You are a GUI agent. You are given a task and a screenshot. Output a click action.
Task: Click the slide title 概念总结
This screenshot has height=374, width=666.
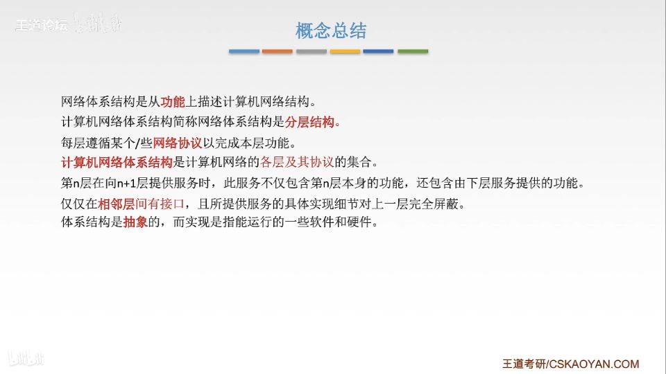331,30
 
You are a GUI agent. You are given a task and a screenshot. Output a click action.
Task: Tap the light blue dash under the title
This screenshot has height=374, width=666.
244,51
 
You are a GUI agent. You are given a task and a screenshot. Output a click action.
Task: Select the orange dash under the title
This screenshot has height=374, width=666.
277,51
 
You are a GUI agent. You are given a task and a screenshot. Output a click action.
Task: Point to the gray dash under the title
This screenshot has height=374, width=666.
311,51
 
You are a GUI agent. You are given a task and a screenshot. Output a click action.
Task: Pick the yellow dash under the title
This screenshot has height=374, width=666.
345,51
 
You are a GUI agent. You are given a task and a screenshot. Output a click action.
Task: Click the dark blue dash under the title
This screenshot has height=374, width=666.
379,51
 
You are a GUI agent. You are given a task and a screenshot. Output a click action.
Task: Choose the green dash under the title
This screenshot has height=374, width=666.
413,51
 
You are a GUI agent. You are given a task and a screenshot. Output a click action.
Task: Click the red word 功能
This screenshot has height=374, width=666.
173,102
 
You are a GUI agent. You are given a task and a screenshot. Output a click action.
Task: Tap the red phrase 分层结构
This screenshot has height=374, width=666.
309,122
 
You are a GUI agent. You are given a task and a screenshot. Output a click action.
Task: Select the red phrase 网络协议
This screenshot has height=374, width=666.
178,143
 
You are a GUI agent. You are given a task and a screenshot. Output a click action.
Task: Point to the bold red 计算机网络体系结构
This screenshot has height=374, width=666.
117,162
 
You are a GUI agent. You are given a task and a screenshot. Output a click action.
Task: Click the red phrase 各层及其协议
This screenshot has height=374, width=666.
297,162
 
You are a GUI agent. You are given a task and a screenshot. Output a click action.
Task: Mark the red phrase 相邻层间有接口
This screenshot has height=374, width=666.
142,204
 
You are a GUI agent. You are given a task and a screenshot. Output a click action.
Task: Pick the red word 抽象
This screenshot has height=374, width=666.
135,222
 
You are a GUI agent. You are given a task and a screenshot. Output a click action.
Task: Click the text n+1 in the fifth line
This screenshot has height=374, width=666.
126,184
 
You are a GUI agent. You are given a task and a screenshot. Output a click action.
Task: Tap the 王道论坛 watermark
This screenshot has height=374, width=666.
41,26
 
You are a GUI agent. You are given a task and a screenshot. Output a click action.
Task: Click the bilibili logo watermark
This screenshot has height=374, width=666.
26,359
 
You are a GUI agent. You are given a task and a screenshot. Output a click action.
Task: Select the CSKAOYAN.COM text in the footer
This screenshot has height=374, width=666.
594,364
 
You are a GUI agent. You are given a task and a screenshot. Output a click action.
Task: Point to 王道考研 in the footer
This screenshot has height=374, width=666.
524,364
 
